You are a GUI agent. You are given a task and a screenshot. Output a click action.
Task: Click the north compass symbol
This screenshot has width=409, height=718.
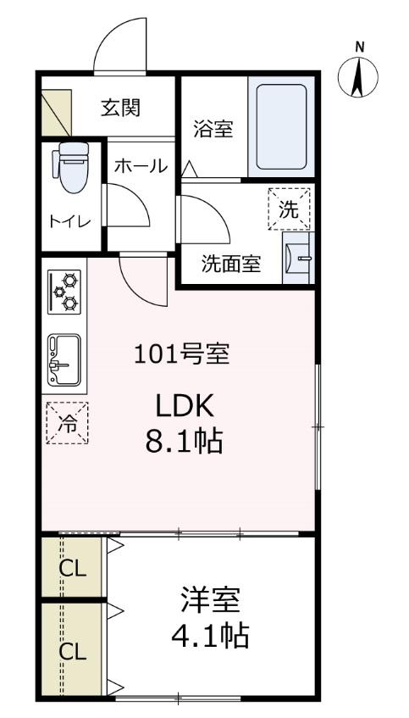click(359, 76)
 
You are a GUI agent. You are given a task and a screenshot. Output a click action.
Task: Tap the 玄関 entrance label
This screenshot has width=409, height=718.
click(121, 108)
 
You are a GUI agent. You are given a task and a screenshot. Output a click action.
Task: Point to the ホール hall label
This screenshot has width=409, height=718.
click(140, 166)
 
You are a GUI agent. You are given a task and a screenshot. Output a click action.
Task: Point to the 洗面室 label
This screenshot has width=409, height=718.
click(230, 264)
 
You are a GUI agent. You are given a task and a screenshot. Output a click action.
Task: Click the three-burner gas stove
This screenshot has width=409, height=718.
click(64, 291)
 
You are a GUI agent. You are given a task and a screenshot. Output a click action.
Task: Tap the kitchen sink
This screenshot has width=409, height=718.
click(64, 359)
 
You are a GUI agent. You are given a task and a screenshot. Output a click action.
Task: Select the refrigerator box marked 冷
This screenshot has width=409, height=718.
click(66, 420)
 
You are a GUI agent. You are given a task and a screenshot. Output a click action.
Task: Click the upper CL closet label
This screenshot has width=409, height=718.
click(72, 569)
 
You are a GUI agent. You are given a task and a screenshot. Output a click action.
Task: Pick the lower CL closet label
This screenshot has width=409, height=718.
click(72, 652)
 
